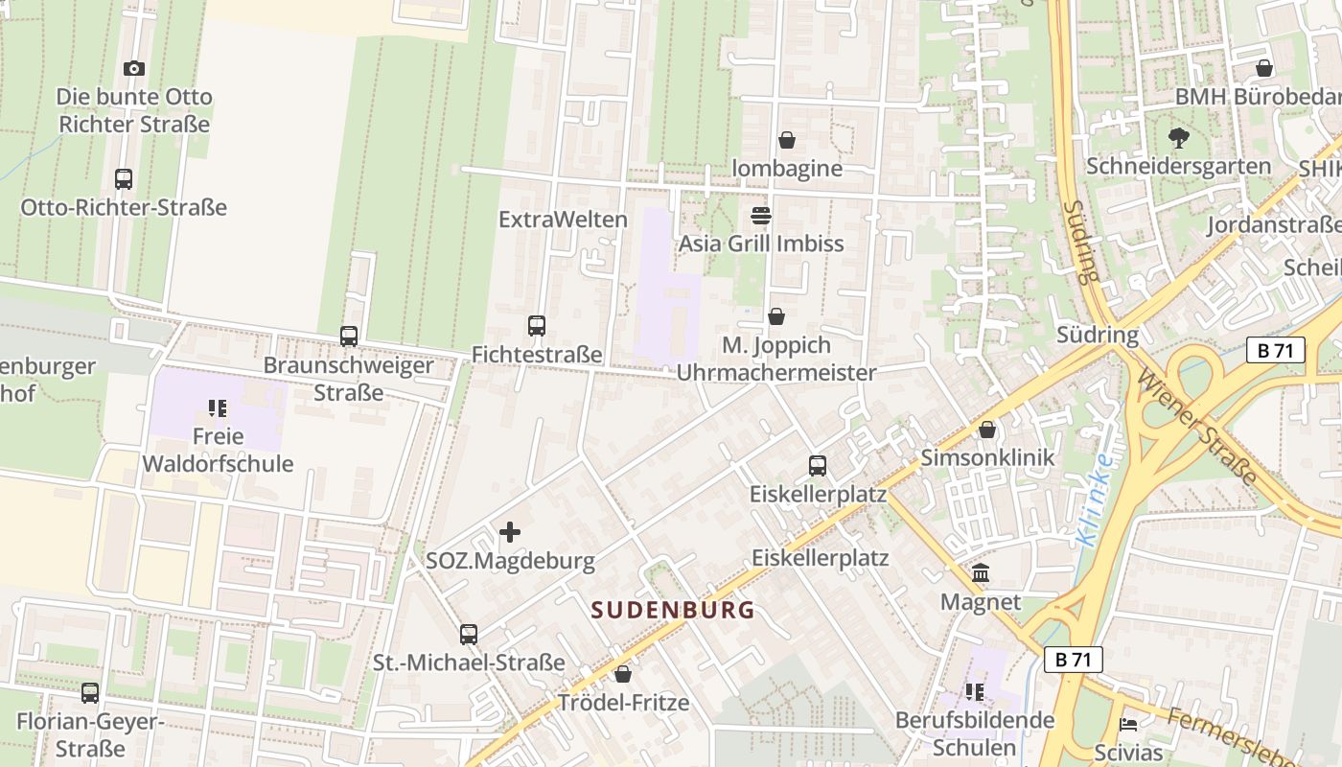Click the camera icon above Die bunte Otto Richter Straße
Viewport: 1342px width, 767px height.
[x=134, y=68]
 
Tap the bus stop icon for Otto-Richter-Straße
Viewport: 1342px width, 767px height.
[x=124, y=179]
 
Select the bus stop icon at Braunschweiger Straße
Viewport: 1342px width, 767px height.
[x=349, y=337]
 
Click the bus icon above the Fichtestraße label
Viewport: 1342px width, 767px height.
[x=537, y=326]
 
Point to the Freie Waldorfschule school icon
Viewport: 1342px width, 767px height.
[x=218, y=408]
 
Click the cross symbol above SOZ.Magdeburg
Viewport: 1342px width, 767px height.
[x=510, y=532]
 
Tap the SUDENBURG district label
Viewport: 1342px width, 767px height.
[x=673, y=610]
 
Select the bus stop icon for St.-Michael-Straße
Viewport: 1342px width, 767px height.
[x=469, y=635]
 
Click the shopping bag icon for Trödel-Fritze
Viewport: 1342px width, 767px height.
[x=623, y=674]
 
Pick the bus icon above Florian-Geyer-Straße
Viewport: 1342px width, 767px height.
[x=90, y=693]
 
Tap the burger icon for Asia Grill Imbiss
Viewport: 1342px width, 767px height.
[x=761, y=216]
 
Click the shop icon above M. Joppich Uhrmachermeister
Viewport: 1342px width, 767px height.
[x=776, y=316]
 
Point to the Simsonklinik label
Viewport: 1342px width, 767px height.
[x=987, y=457]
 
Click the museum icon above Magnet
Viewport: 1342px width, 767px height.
[x=981, y=574]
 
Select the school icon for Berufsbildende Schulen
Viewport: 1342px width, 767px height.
[x=975, y=692]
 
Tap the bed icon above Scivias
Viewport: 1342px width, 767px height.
[x=1128, y=725]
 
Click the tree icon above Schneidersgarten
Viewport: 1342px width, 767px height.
[x=1178, y=138]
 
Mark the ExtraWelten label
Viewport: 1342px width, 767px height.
[x=563, y=220]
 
